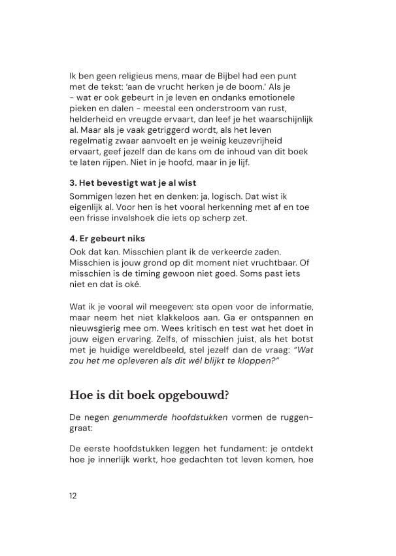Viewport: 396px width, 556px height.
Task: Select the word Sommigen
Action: click(92, 195)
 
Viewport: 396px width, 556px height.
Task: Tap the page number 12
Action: click(73, 495)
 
